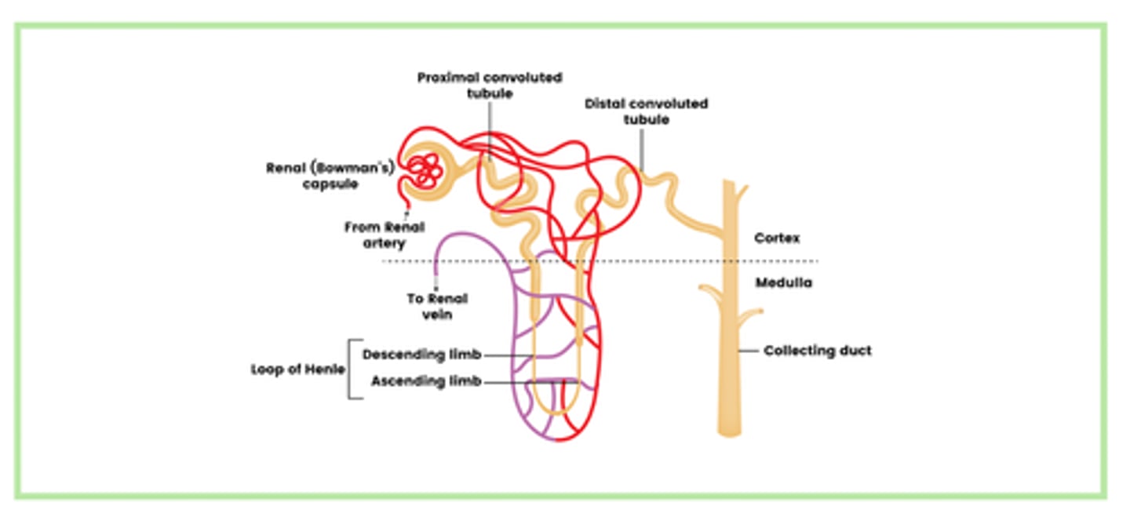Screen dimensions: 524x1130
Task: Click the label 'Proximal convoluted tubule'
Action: (x=490, y=86)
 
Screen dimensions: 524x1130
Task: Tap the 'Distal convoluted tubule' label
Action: (x=646, y=111)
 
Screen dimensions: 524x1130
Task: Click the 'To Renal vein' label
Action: (x=437, y=306)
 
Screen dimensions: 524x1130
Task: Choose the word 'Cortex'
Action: (x=776, y=238)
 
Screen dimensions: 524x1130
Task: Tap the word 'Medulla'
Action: (x=782, y=282)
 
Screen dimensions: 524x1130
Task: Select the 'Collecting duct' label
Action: (x=818, y=351)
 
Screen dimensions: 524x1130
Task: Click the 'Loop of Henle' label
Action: (x=298, y=369)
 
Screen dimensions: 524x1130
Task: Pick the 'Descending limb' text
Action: (x=421, y=355)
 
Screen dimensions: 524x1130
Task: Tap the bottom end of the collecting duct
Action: (x=728, y=430)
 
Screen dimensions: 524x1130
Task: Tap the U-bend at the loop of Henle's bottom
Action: (x=557, y=411)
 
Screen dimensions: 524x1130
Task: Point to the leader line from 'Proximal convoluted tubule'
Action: (x=490, y=129)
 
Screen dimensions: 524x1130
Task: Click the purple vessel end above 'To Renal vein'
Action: (x=437, y=271)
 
